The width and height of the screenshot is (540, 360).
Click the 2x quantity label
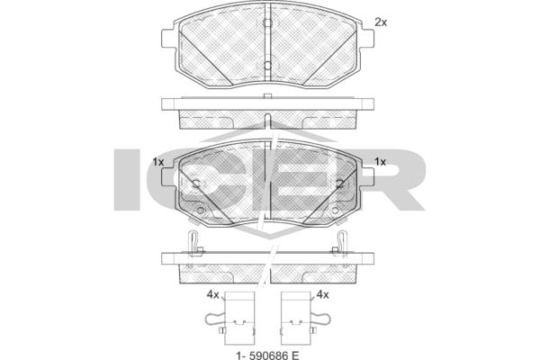pyautogui.click(x=381, y=22)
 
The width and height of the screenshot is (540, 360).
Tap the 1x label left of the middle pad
pyautogui.click(x=158, y=162)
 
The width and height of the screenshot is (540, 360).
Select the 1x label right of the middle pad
pyautogui.click(x=380, y=162)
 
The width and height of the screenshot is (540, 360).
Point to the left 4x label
pyautogui.click(x=212, y=295)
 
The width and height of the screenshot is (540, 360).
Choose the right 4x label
pyautogui.click(x=322, y=295)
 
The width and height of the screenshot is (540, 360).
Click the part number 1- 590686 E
pyautogui.click(x=267, y=355)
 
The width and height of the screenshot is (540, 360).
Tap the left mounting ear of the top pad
pyautogui.click(x=168, y=39)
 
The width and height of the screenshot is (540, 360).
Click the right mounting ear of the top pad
pyautogui.click(x=367, y=39)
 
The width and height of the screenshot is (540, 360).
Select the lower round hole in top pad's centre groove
pyautogui.click(x=267, y=66)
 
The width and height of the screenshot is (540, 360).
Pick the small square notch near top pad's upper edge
pyautogui.click(x=267, y=22)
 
